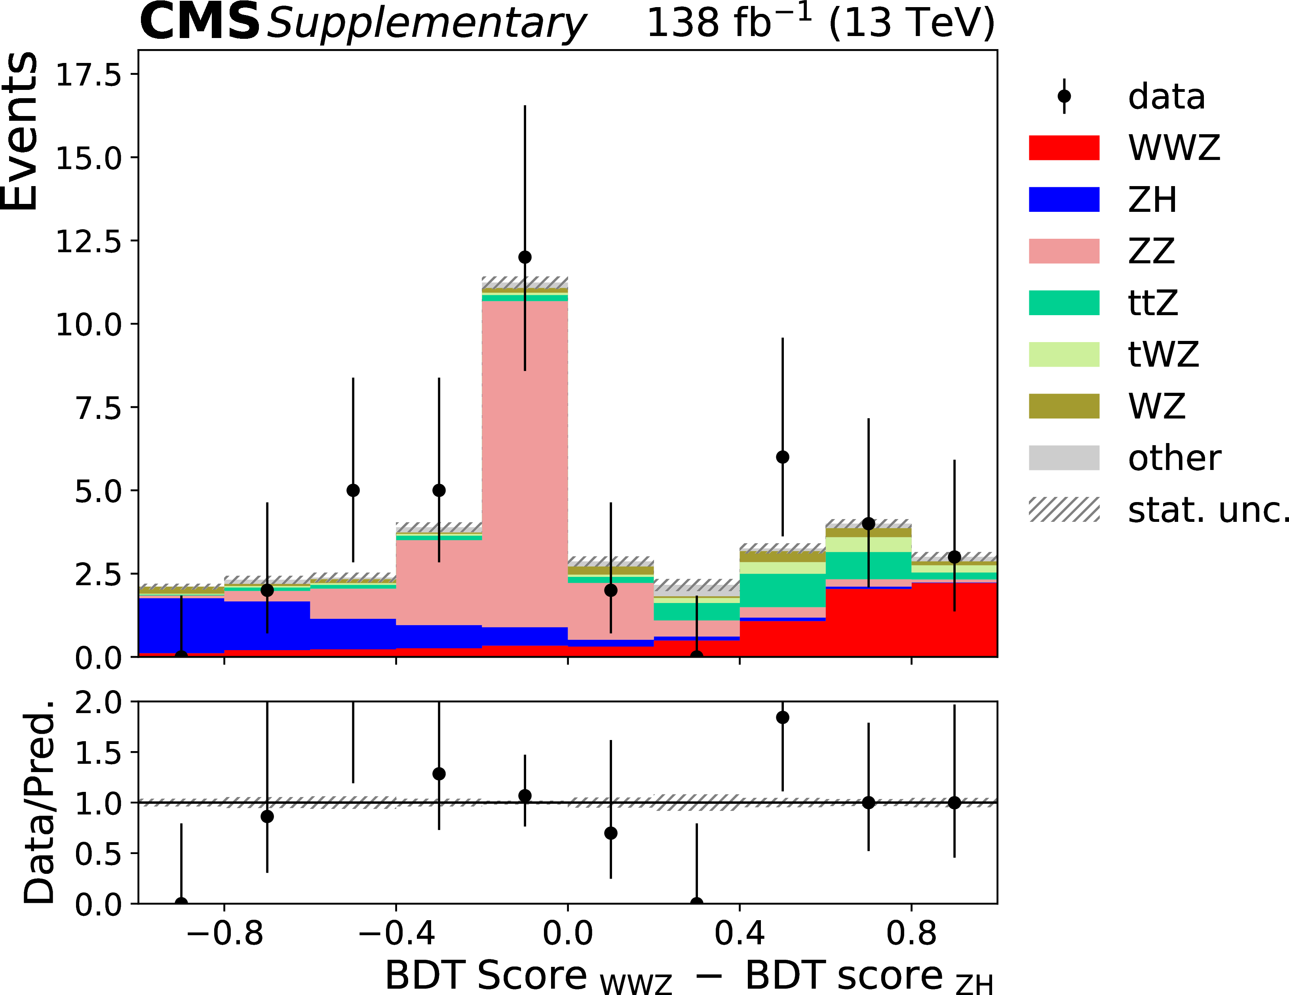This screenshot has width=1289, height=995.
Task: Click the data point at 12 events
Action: pos(525,257)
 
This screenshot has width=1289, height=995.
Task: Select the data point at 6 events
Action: pos(783,457)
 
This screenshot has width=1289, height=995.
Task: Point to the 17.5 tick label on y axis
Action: pos(88,75)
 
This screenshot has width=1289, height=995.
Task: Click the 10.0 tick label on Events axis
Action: pos(88,325)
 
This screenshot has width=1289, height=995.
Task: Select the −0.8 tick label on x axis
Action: pos(224,934)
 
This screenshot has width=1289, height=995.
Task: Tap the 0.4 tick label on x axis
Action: pos(740,934)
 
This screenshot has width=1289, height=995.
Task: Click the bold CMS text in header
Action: pos(200,23)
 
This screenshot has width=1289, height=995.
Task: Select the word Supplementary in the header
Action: pos(426,24)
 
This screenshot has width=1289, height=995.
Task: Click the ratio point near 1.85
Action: pos(783,717)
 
